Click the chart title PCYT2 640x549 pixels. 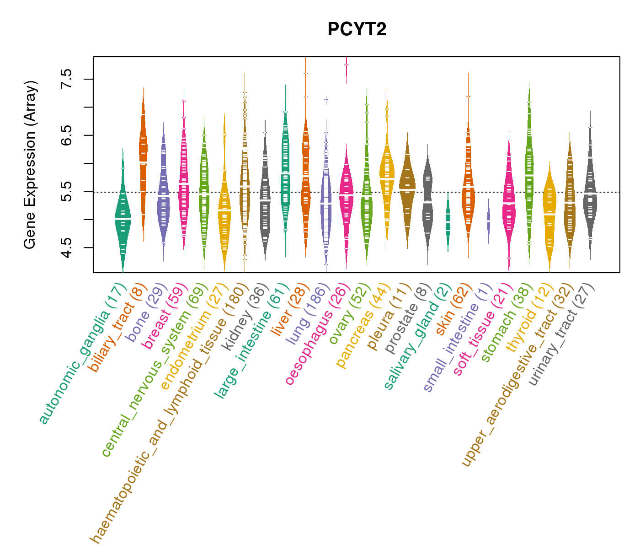(x=357, y=30)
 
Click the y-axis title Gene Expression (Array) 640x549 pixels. (x=30, y=165)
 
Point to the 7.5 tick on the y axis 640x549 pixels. (x=67, y=79)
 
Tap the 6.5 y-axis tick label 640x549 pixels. (x=67, y=135)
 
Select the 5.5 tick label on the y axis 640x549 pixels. (x=67, y=192)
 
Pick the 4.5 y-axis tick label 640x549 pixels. (x=67, y=248)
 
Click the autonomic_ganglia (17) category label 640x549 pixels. (x=82, y=354)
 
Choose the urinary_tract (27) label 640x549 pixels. (x=561, y=334)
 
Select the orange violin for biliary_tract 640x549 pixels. (x=143, y=156)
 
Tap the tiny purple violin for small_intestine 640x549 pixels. (x=489, y=221)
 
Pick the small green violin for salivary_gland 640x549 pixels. (x=448, y=222)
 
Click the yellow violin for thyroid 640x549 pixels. (x=549, y=210)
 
